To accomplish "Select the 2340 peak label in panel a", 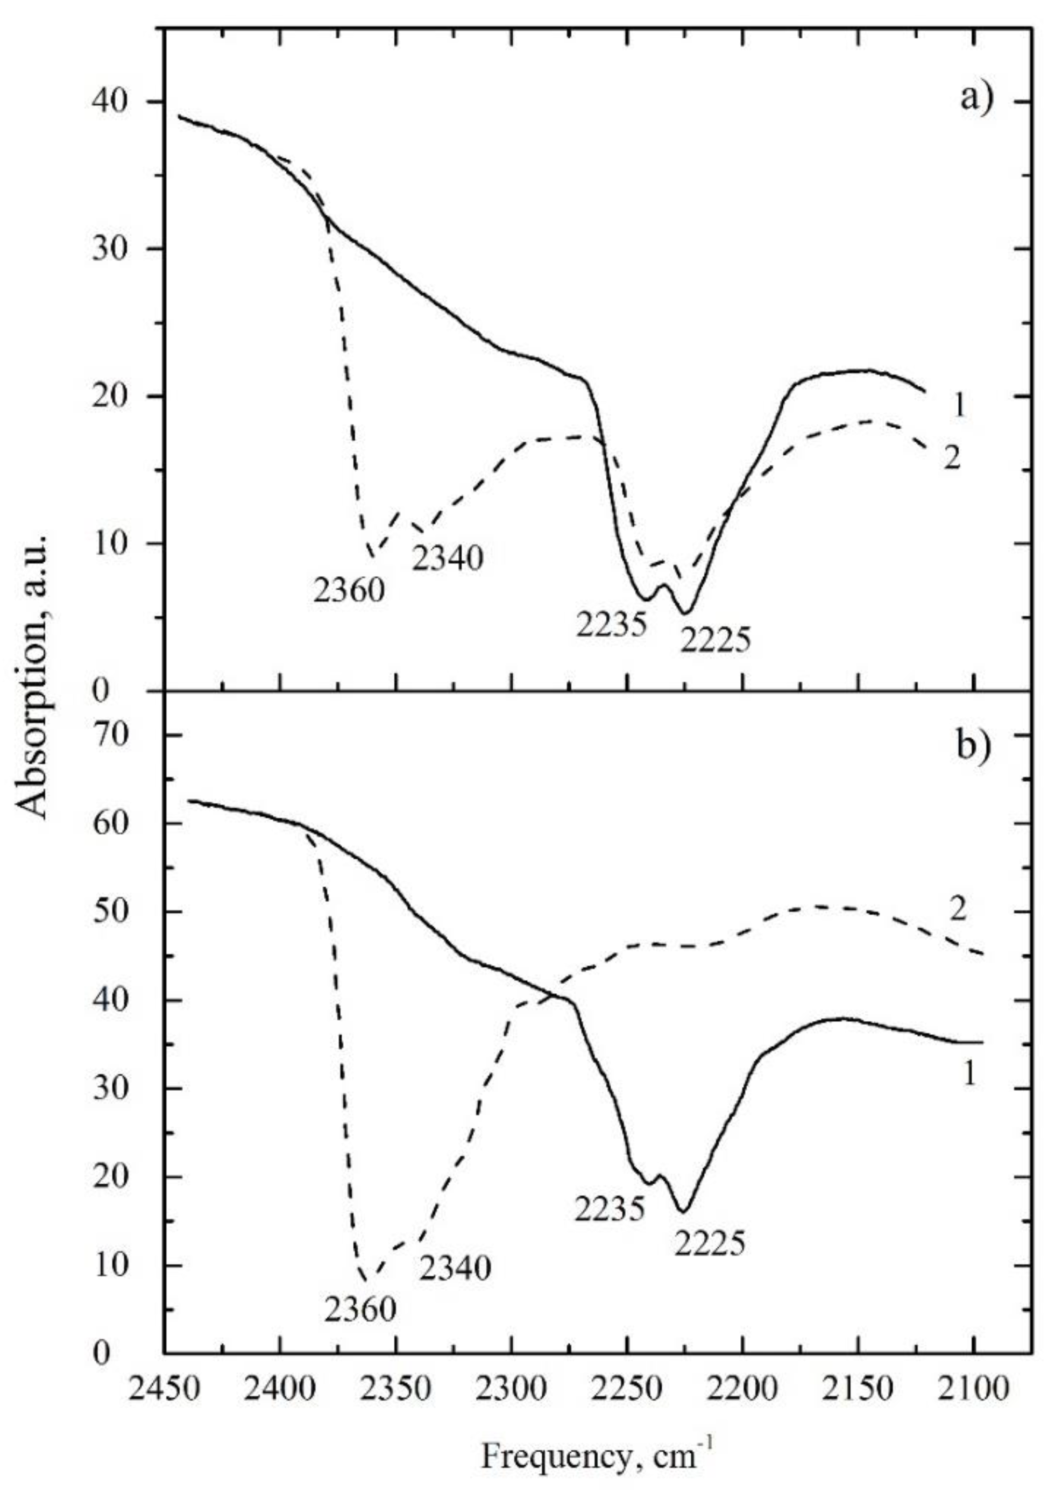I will (x=448, y=558).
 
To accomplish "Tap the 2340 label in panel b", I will (x=455, y=1268).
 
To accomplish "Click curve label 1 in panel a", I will (x=959, y=406).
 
